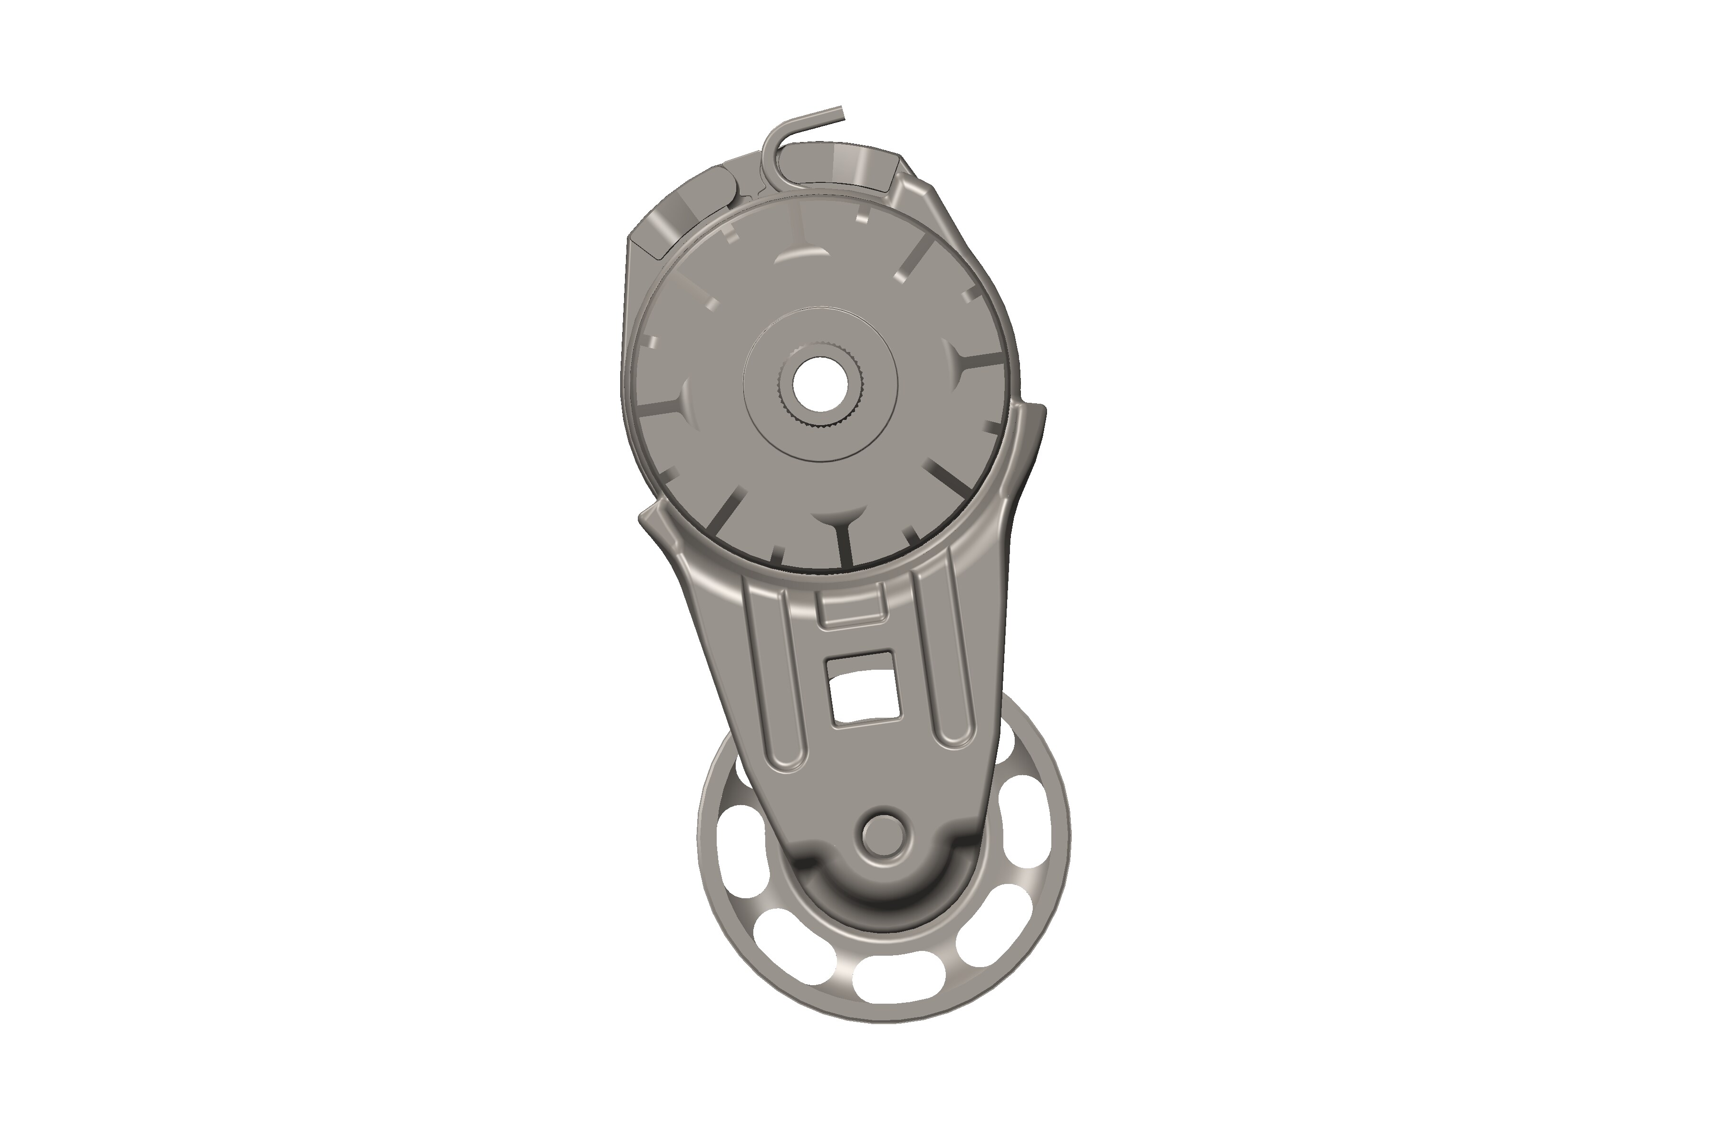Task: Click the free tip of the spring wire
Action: tap(840, 111)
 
